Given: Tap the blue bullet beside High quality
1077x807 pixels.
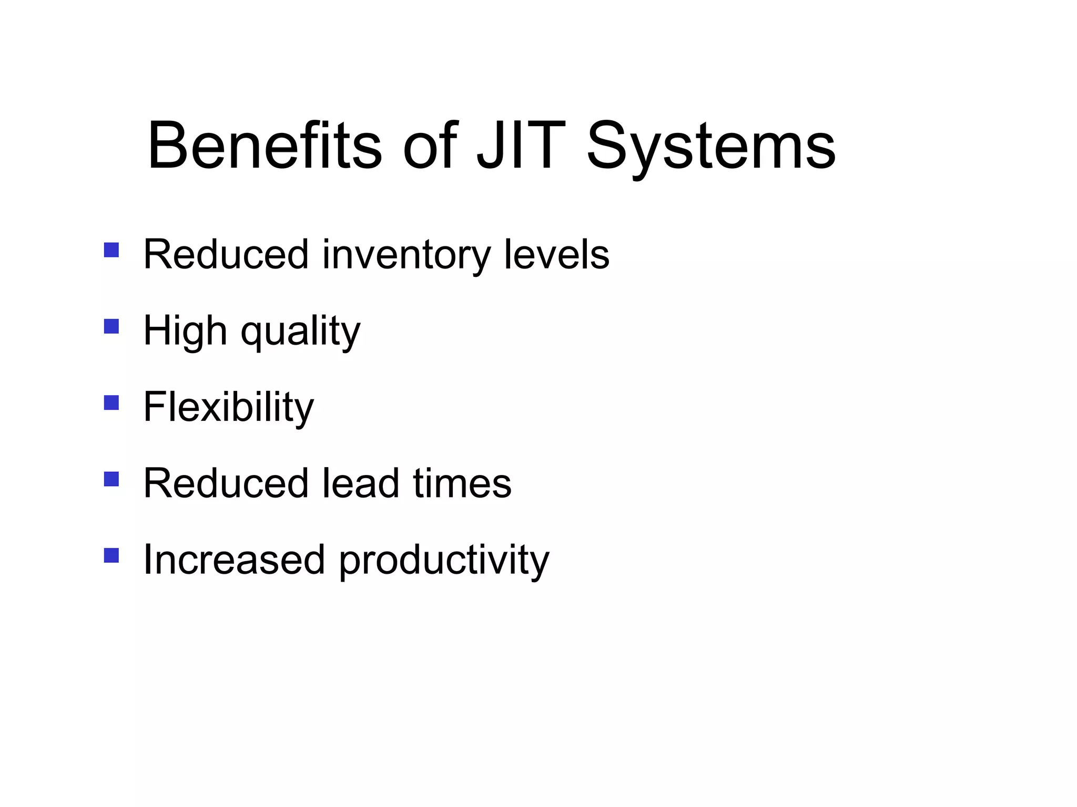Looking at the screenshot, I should click(x=111, y=326).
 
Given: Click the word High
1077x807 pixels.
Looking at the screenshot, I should click(x=185, y=332).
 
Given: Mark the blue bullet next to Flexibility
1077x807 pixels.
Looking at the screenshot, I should click(x=111, y=402).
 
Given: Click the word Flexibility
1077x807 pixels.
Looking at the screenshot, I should click(x=228, y=407).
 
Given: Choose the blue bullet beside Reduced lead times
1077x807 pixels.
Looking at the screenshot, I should click(x=111, y=479).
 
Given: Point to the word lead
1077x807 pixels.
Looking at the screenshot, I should click(x=360, y=483).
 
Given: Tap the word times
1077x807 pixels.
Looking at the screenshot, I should click(x=462, y=483).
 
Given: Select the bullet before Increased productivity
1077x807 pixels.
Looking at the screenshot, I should click(x=111, y=555).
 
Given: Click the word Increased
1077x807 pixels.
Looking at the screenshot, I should click(x=233, y=560).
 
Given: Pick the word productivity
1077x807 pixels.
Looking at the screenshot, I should click(x=443, y=561).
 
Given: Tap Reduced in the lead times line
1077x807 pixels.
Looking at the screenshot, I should click(x=226, y=483).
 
